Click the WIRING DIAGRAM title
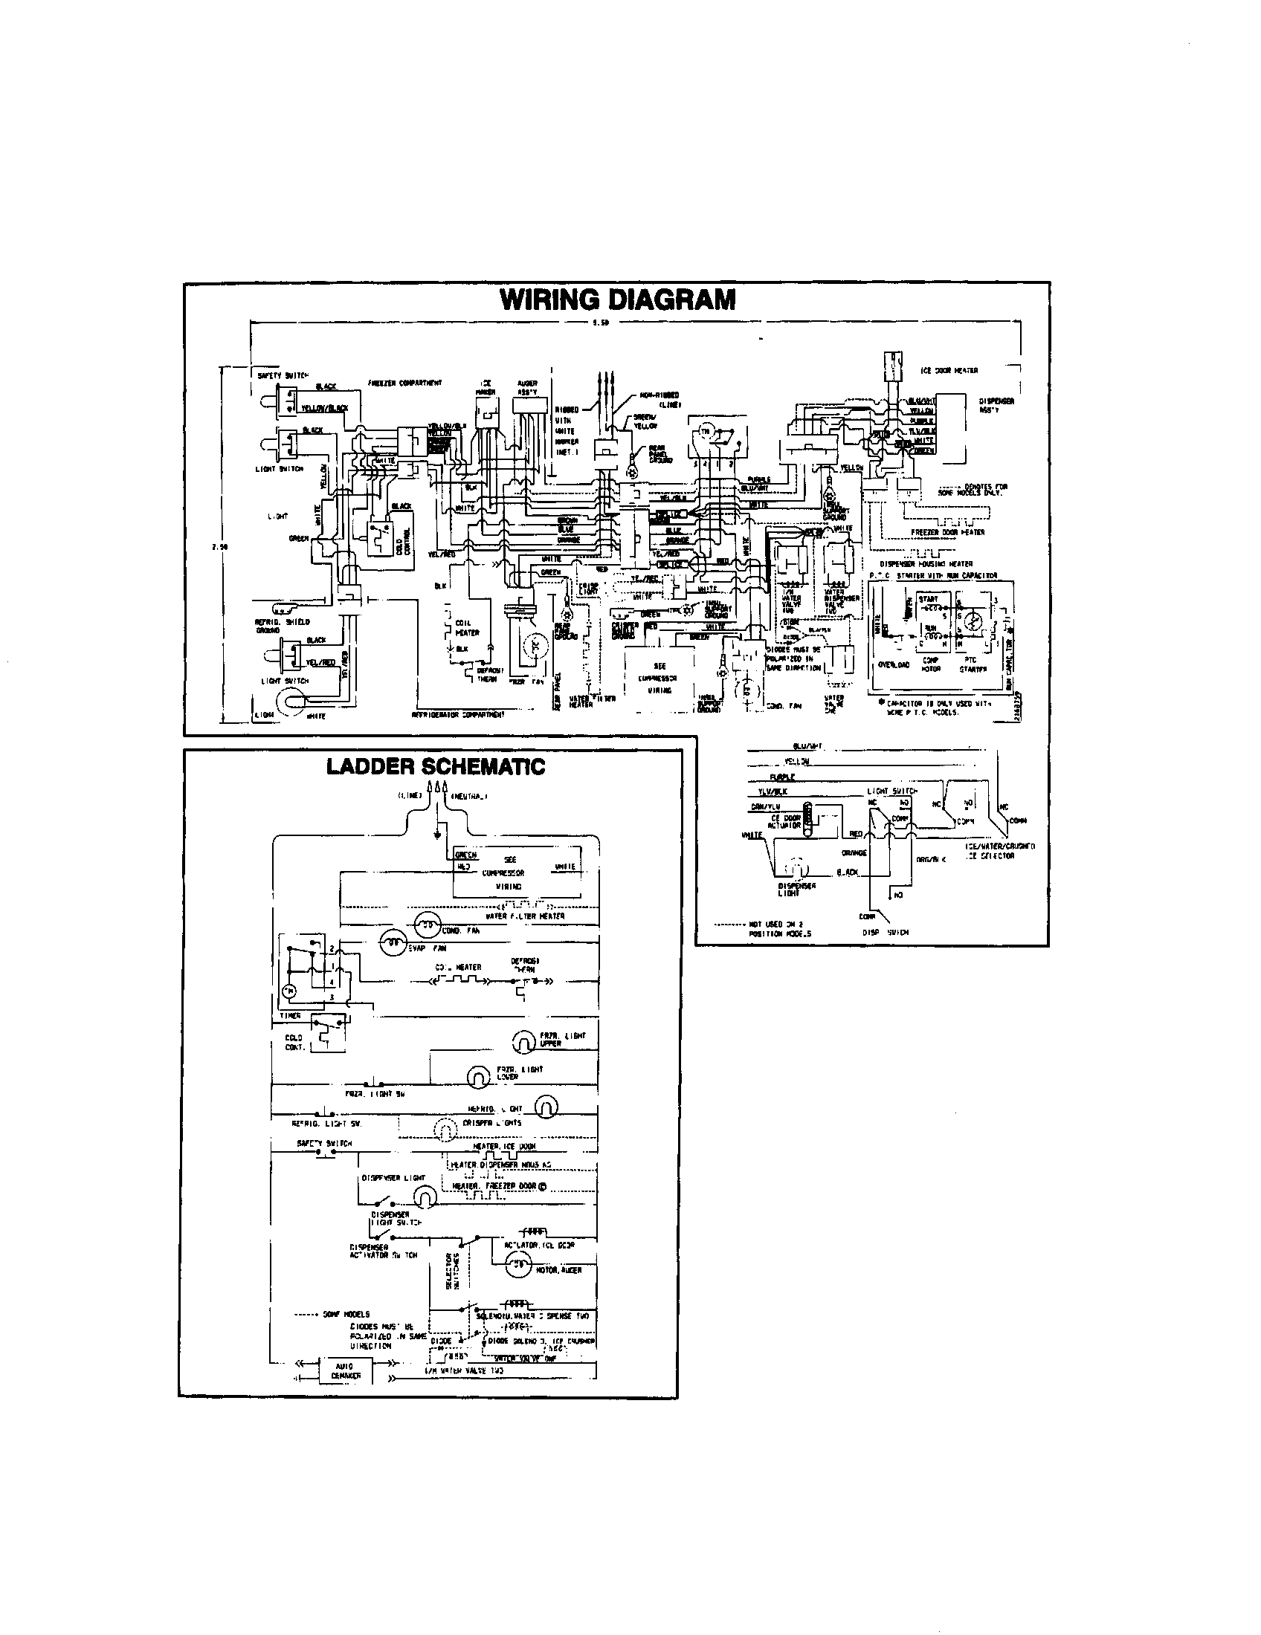(617, 300)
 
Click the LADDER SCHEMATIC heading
(436, 767)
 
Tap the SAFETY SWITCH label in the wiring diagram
(283, 375)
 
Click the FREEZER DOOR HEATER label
(947, 532)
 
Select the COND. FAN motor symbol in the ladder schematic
(428, 925)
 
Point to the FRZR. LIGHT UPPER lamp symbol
(521, 1040)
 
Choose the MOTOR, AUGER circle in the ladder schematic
(516, 1266)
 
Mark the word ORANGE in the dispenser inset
(854, 852)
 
